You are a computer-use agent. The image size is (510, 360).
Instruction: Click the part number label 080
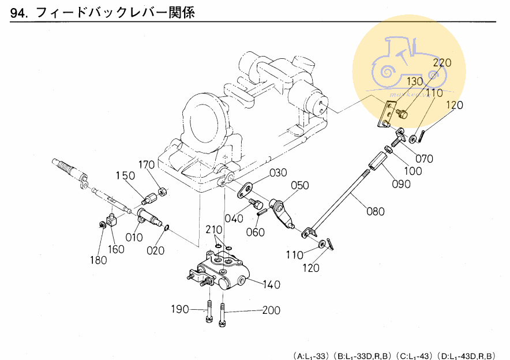pyautogui.click(x=375, y=211)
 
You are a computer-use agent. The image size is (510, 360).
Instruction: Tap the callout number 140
pyautogui.click(x=272, y=284)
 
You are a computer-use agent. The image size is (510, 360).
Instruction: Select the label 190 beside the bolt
pyautogui.click(x=180, y=310)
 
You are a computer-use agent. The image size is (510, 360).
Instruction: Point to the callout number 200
pyautogui.click(x=271, y=310)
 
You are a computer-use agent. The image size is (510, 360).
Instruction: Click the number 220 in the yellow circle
pyautogui.click(x=442, y=62)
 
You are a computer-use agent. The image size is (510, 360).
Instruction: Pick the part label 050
pyautogui.click(x=299, y=186)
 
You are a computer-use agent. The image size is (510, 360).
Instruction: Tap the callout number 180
pyautogui.click(x=98, y=260)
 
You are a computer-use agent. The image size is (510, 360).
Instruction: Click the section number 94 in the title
pyautogui.click(x=19, y=13)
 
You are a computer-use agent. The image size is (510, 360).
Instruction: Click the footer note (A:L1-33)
pyautogui.click(x=311, y=354)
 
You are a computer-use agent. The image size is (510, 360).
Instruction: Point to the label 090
pyautogui.click(x=402, y=185)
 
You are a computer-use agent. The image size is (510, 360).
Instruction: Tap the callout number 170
pyautogui.click(x=147, y=165)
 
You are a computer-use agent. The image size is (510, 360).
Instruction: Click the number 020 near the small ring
pyautogui.click(x=155, y=250)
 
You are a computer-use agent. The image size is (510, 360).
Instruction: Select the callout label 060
pyautogui.click(x=256, y=232)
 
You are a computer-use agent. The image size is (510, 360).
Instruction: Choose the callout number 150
pyautogui.click(x=126, y=175)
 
